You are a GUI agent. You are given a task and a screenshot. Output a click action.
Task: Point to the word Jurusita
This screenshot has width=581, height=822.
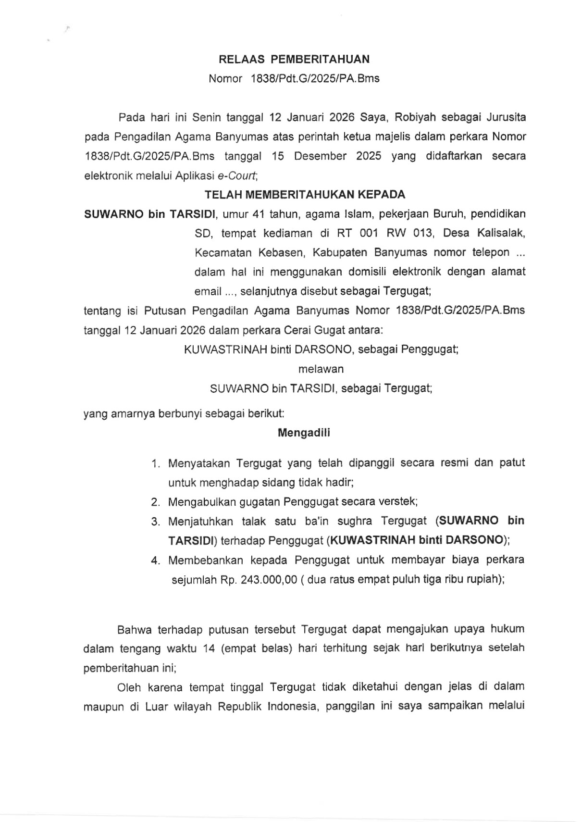coord(506,117)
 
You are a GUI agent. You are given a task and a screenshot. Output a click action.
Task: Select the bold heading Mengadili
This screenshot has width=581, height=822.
coord(304,433)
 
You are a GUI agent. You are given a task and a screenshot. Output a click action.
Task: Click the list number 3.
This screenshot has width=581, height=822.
coord(155,522)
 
